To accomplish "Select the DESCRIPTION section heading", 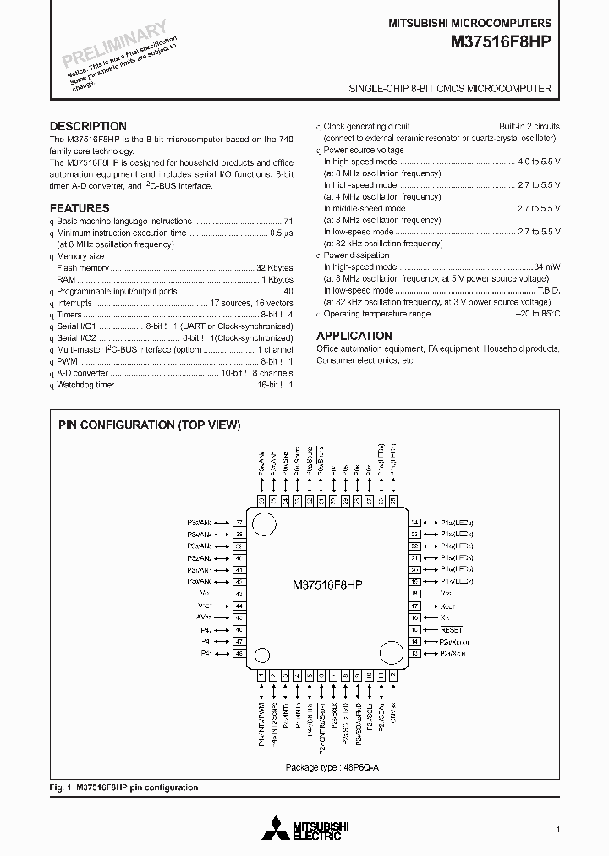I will (88, 126).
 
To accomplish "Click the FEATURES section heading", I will (80, 208).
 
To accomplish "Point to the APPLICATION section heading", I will (354, 336).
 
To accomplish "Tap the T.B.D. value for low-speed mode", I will (546, 290).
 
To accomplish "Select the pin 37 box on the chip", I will (239, 523).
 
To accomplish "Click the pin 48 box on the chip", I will (239, 654).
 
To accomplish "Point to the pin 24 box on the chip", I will (414, 523).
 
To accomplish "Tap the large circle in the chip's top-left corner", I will (266, 522).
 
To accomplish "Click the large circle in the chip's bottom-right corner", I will (390, 653).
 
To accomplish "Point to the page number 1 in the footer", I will (557, 829).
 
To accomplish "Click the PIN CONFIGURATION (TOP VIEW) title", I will (149, 425).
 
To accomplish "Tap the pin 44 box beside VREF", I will (239, 606).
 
